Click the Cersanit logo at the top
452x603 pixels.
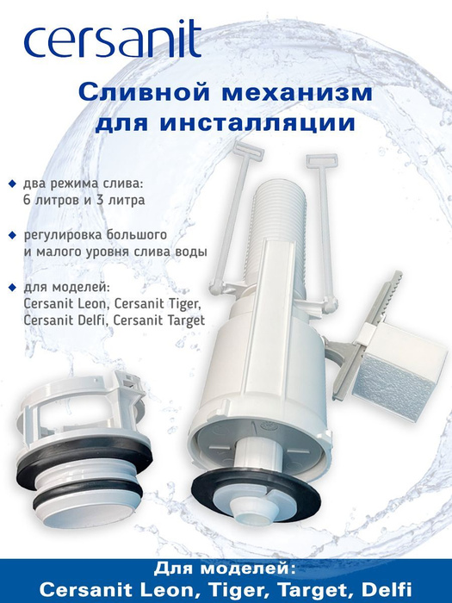(112, 40)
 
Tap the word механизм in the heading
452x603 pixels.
(298, 93)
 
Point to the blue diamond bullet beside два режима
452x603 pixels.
(13, 183)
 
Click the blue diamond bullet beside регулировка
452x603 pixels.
(13, 235)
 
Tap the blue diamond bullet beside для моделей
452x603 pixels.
(13, 287)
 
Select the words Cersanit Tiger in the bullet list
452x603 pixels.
(158, 304)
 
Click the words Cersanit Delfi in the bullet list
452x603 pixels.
(65, 320)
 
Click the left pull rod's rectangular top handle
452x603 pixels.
(250, 150)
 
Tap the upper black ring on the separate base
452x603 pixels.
(84, 463)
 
